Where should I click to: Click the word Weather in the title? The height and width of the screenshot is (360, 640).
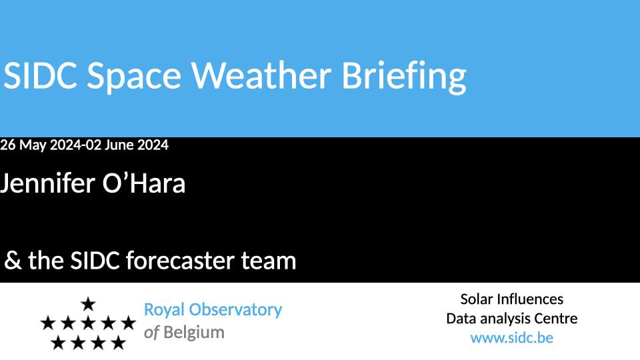(261, 75)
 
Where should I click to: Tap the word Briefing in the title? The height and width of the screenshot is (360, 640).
(404, 77)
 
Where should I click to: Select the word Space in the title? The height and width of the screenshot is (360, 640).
(134, 77)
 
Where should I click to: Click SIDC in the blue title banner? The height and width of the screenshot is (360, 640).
(40, 75)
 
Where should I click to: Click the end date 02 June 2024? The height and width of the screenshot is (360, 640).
(127, 145)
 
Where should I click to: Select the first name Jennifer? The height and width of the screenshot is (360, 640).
(47, 183)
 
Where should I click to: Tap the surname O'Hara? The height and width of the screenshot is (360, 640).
(144, 183)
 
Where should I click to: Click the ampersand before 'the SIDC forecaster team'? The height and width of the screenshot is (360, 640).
(13, 261)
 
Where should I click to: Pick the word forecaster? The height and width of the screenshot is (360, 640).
(180, 261)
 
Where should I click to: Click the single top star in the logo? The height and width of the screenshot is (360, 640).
(88, 304)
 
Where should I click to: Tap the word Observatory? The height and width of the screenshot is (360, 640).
(235, 310)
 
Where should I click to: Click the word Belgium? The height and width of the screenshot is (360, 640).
(194, 333)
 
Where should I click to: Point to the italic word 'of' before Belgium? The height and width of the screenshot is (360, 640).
(151, 333)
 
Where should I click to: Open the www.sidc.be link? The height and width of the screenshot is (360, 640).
(512, 338)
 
